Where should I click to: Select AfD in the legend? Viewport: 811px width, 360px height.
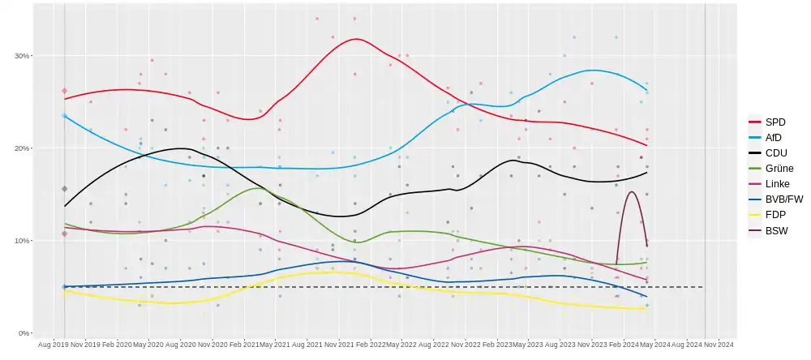(x=774, y=138)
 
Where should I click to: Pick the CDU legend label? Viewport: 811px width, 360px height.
(x=776, y=153)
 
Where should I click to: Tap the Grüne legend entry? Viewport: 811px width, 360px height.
(x=779, y=169)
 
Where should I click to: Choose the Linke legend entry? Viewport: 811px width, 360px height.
(x=778, y=184)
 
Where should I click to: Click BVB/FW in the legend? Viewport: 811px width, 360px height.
(x=784, y=199)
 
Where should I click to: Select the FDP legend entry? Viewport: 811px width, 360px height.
(x=775, y=215)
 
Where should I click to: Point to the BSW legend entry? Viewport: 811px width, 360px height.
(x=777, y=230)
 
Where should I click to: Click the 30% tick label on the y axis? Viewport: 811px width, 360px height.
(x=21, y=56)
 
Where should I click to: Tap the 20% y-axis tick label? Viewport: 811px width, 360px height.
(x=21, y=148)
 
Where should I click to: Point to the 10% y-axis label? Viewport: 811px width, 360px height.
(x=21, y=241)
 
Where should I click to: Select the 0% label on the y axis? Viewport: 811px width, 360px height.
(x=24, y=333)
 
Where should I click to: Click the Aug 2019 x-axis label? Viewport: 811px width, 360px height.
(x=51, y=345)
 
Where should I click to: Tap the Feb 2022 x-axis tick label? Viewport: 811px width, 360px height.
(x=368, y=345)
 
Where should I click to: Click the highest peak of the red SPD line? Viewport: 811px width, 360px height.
(x=356, y=39)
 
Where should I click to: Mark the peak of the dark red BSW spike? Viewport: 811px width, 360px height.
(x=631, y=192)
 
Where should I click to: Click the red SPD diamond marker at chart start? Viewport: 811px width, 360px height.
(x=65, y=91)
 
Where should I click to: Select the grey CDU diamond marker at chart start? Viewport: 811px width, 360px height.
(x=65, y=189)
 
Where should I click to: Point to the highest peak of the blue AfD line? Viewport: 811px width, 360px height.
(x=593, y=70)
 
